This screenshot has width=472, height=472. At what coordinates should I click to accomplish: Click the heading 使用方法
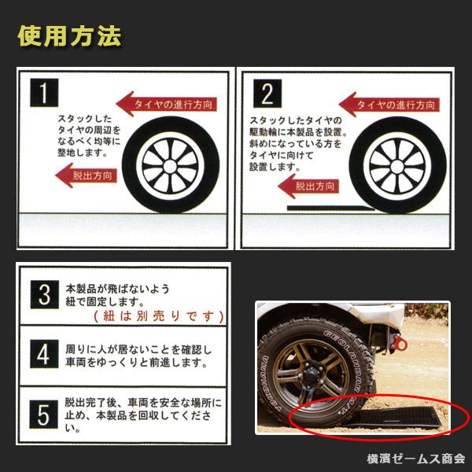[69, 37]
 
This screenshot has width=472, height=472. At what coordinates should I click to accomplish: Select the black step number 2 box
[266, 94]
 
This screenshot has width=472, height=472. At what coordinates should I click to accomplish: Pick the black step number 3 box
[44, 296]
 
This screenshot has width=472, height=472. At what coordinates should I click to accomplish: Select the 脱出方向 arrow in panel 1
[86, 176]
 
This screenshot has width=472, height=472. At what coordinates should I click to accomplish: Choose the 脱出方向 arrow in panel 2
[307, 186]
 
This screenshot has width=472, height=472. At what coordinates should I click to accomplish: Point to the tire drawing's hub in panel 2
[396, 168]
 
